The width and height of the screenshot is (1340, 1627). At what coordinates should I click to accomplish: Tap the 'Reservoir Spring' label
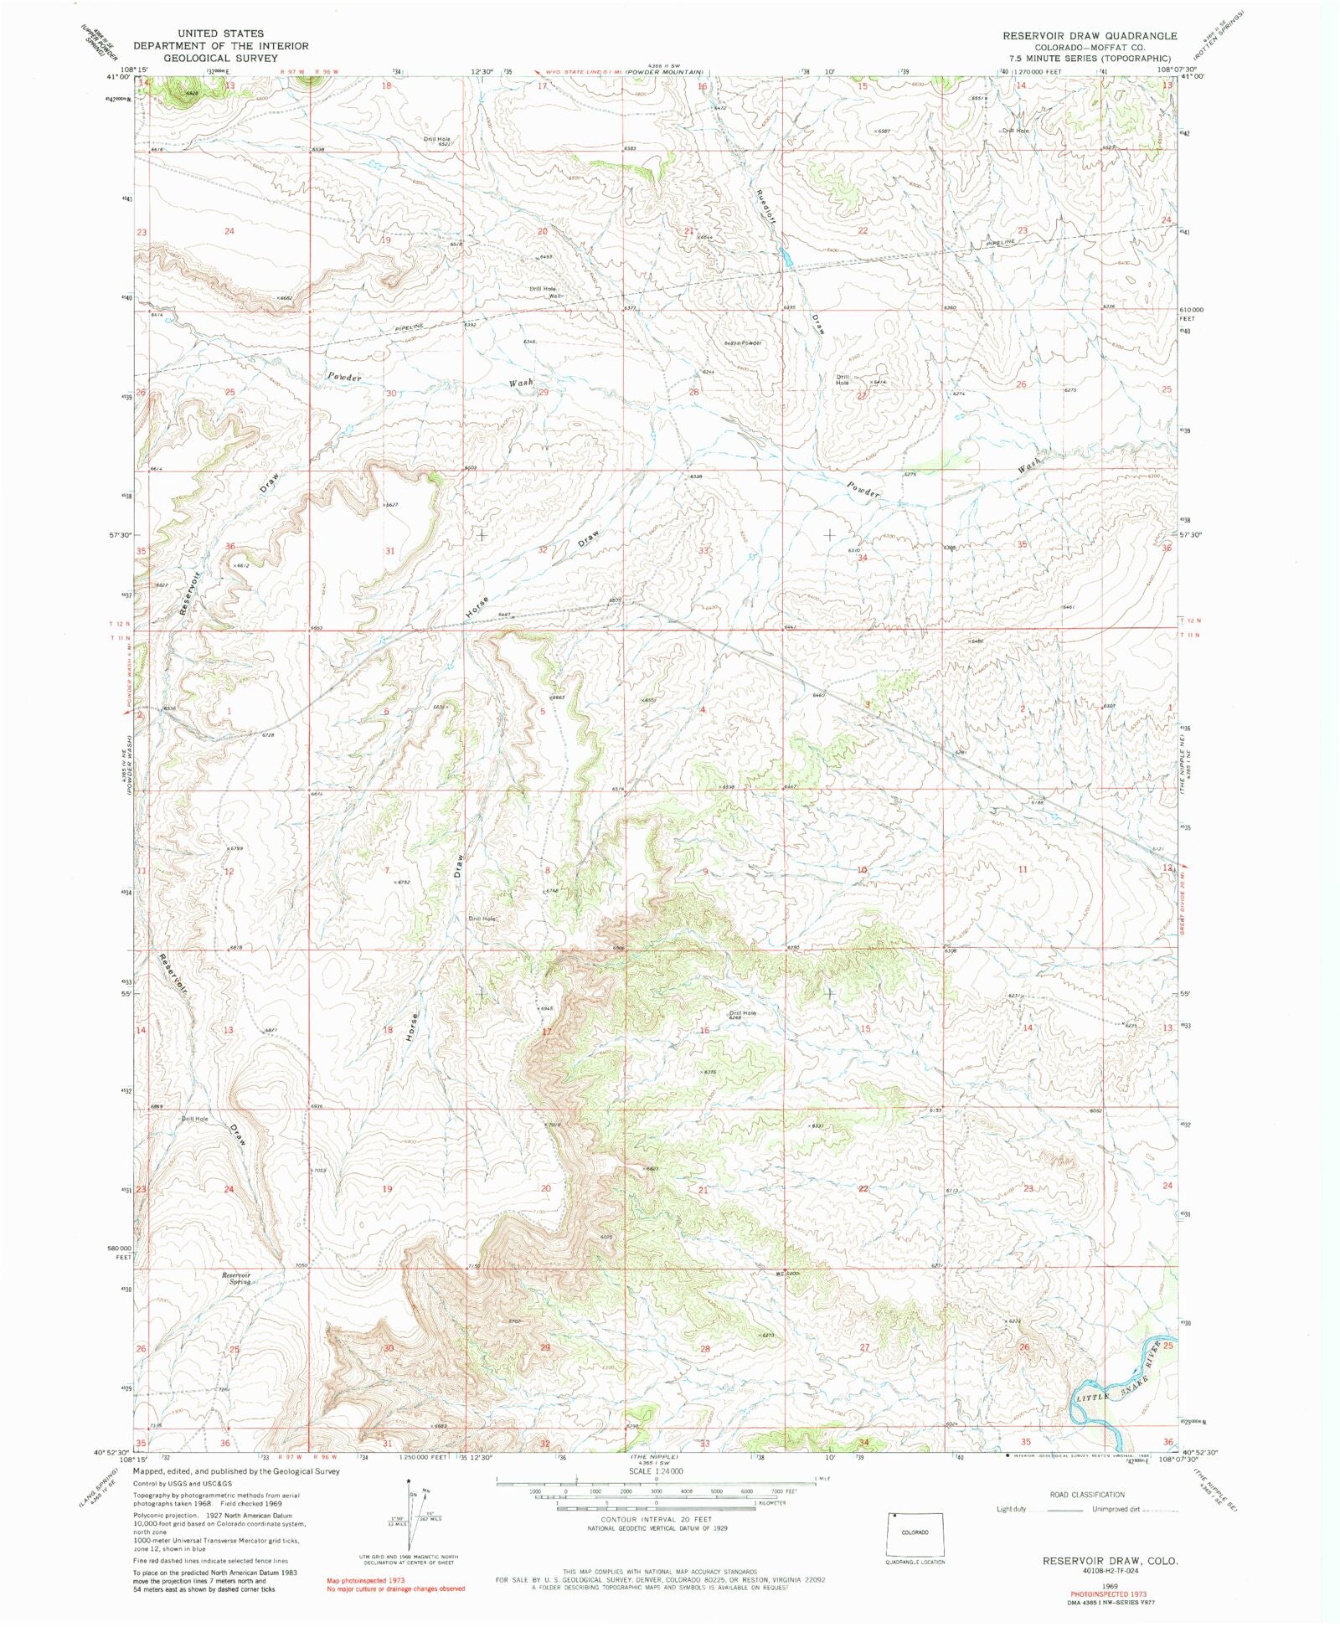click(x=236, y=1278)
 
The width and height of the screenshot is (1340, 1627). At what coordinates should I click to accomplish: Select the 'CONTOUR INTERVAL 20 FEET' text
click(x=656, y=1518)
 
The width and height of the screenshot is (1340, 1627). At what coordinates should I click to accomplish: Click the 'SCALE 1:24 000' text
click(x=656, y=1471)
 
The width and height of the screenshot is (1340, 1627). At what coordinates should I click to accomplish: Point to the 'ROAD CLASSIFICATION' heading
click(x=1087, y=1495)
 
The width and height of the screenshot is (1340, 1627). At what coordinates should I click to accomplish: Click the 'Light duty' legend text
click(x=1011, y=1510)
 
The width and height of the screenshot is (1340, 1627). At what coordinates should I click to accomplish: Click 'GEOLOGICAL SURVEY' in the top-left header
click(x=220, y=58)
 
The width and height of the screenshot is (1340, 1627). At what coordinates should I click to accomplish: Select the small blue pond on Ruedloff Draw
click(x=786, y=257)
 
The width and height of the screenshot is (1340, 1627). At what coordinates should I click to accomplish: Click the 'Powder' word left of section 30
click(x=344, y=378)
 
